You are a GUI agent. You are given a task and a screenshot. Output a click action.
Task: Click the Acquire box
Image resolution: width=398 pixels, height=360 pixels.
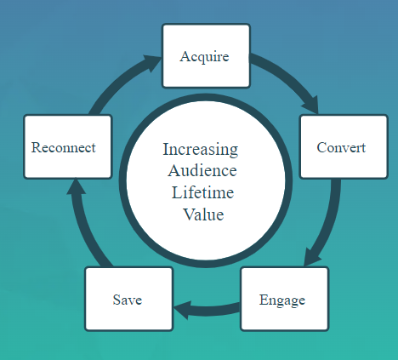[206, 56]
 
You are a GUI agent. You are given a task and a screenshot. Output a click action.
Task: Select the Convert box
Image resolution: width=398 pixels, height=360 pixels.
[344, 146]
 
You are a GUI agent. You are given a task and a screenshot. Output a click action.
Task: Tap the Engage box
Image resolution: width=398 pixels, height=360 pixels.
[285, 299]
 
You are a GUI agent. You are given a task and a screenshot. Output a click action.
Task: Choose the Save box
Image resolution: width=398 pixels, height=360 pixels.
[129, 299]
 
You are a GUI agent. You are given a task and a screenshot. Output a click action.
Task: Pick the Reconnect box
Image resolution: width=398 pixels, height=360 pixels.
[68, 146]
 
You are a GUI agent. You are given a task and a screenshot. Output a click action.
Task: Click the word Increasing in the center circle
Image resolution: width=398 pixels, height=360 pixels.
[201, 150]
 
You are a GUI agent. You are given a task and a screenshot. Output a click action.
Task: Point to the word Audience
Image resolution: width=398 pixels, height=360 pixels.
[202, 171]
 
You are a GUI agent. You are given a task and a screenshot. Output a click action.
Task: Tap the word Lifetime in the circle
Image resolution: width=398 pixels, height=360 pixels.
[202, 192]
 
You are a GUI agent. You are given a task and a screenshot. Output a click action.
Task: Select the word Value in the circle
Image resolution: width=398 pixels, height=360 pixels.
[203, 214]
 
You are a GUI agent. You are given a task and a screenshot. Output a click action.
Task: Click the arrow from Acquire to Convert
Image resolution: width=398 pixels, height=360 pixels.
[289, 74]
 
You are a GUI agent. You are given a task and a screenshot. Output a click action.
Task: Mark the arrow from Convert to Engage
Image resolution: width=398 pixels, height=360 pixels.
[329, 224]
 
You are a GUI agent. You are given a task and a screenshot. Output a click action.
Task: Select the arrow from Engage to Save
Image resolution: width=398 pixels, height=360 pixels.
[207, 310]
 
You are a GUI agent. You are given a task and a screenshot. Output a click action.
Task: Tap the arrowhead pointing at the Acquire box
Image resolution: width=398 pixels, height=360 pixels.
[152, 62]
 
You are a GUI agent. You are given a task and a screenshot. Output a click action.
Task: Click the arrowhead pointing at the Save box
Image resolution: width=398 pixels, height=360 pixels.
[183, 310]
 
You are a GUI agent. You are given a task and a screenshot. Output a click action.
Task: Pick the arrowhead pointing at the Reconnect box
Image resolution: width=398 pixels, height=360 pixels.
[76, 186]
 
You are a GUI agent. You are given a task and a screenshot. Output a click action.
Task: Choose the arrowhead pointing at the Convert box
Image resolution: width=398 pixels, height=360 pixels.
[311, 105]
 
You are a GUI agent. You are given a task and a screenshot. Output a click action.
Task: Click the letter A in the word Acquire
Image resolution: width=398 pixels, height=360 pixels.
[185, 56]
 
